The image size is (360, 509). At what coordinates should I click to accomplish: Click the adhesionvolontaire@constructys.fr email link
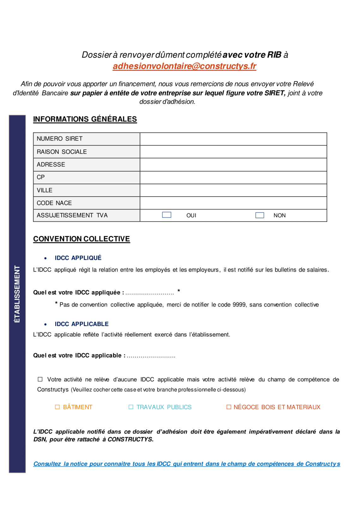point(184,66)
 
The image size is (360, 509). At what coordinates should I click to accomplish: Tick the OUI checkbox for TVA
point(166,215)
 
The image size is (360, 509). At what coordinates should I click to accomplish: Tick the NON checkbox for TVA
point(260,215)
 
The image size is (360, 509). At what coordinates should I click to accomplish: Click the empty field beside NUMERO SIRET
point(233,139)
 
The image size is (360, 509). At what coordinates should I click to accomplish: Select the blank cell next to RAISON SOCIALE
point(233,152)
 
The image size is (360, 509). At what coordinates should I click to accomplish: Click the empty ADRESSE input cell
point(233,165)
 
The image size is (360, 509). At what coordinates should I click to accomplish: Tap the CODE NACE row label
point(54,203)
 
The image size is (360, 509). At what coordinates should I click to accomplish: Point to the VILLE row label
point(45,190)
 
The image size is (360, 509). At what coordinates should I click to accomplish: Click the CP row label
point(41,177)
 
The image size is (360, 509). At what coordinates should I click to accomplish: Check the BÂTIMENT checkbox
point(57,407)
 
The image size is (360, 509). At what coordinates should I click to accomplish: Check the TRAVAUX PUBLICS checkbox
point(131,407)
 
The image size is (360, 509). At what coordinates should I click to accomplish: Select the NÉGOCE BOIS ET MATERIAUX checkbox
point(229,407)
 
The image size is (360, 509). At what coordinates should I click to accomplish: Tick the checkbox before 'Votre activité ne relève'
point(40,379)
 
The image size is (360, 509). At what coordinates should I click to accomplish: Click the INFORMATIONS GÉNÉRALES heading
point(85,119)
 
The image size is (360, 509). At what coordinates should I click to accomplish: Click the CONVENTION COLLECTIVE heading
point(81,239)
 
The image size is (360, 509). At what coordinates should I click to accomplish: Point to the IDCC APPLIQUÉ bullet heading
point(78,258)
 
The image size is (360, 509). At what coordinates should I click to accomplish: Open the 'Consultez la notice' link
point(187,464)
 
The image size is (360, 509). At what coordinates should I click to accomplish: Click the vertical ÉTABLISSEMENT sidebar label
point(17,294)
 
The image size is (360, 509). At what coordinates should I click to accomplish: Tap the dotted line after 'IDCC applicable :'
point(151,356)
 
